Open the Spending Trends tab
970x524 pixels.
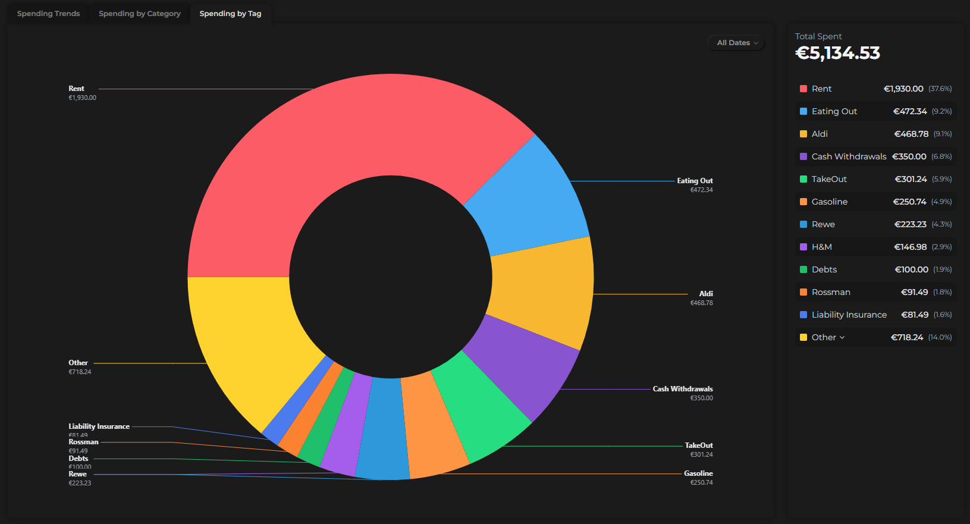(48, 14)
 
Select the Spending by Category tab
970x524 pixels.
(140, 14)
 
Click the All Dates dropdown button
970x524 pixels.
(736, 43)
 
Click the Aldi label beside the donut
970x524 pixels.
(705, 294)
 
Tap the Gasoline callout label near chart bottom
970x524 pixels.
(698, 473)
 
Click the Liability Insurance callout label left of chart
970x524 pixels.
(99, 426)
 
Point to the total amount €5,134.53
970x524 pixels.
(837, 54)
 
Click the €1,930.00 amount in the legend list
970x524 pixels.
(903, 89)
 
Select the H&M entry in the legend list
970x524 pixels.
(822, 247)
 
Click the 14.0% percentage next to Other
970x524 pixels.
(940, 337)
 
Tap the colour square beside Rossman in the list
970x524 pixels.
(803, 292)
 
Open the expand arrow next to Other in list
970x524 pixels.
(842, 338)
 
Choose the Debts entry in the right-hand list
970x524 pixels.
(824, 269)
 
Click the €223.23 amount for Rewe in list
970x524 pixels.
(910, 224)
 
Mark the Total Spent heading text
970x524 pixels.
(818, 36)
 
